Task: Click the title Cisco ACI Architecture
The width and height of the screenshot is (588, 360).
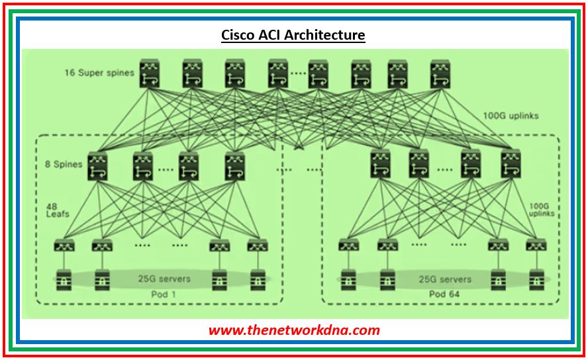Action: pyautogui.click(x=293, y=34)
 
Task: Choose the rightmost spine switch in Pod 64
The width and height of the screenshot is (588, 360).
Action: pyautogui.click(x=511, y=165)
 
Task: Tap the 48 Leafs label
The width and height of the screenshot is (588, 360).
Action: pyautogui.click(x=58, y=210)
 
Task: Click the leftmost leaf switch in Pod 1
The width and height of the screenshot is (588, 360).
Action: pyautogui.click(x=64, y=246)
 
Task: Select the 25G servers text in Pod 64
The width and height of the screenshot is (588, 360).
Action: pyautogui.click(x=445, y=279)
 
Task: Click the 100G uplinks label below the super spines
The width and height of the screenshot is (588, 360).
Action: pyautogui.click(x=511, y=116)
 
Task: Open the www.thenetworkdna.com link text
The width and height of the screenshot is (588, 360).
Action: pyautogui.click(x=294, y=329)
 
